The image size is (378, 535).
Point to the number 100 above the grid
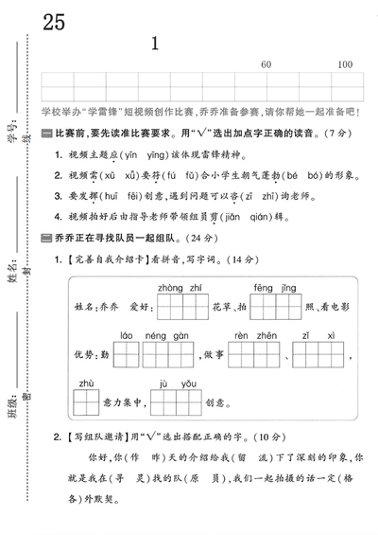point(345,63)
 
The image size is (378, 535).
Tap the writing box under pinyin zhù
point(87,403)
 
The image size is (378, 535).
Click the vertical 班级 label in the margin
point(13,399)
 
